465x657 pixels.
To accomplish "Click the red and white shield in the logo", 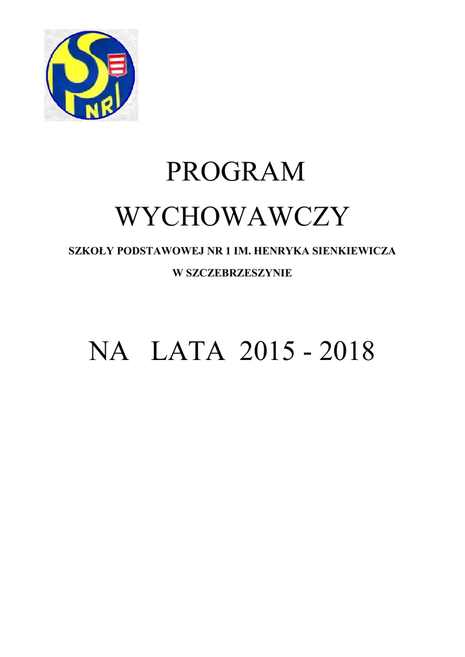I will (x=117, y=65).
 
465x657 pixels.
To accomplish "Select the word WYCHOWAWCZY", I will (x=232, y=218).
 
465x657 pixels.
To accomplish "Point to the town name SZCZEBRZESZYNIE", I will (x=239, y=273).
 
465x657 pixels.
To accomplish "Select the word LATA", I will (x=187, y=352).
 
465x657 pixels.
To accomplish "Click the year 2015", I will (x=267, y=352).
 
